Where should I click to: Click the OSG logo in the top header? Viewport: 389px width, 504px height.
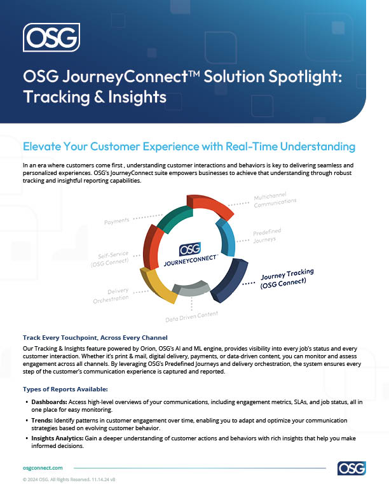(x=51, y=37)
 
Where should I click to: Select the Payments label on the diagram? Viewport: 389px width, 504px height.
(x=116, y=220)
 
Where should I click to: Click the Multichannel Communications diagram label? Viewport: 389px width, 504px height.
(x=275, y=200)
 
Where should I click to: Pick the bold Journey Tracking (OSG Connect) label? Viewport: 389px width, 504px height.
(x=287, y=280)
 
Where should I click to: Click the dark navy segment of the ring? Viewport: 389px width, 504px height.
(x=232, y=280)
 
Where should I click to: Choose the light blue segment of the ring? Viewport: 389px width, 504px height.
(x=226, y=237)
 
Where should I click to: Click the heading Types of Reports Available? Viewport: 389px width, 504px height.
(x=65, y=388)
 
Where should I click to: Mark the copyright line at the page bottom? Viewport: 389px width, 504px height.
(x=69, y=481)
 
